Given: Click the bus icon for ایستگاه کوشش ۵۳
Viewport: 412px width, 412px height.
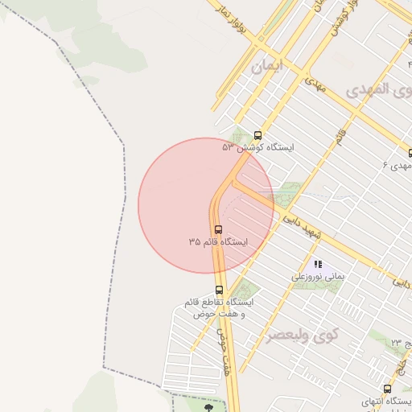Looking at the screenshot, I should [x=257, y=135].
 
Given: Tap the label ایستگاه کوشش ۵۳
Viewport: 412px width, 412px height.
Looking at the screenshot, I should [x=258, y=148].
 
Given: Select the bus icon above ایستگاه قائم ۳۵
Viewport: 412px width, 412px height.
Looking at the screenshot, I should [x=219, y=229].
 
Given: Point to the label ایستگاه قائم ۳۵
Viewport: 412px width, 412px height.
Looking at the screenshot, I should [x=219, y=241].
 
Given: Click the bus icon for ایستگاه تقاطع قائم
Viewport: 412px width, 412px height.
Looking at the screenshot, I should [x=219, y=290].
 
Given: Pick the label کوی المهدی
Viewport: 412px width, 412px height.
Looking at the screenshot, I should [x=378, y=89].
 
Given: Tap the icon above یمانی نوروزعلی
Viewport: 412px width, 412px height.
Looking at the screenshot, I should [x=318, y=264].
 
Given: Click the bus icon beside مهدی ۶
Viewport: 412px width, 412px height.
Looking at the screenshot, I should [x=410, y=152].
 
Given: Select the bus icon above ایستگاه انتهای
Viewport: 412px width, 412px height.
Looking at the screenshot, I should [x=387, y=389].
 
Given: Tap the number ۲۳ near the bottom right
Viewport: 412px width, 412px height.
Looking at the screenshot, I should [x=396, y=344].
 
